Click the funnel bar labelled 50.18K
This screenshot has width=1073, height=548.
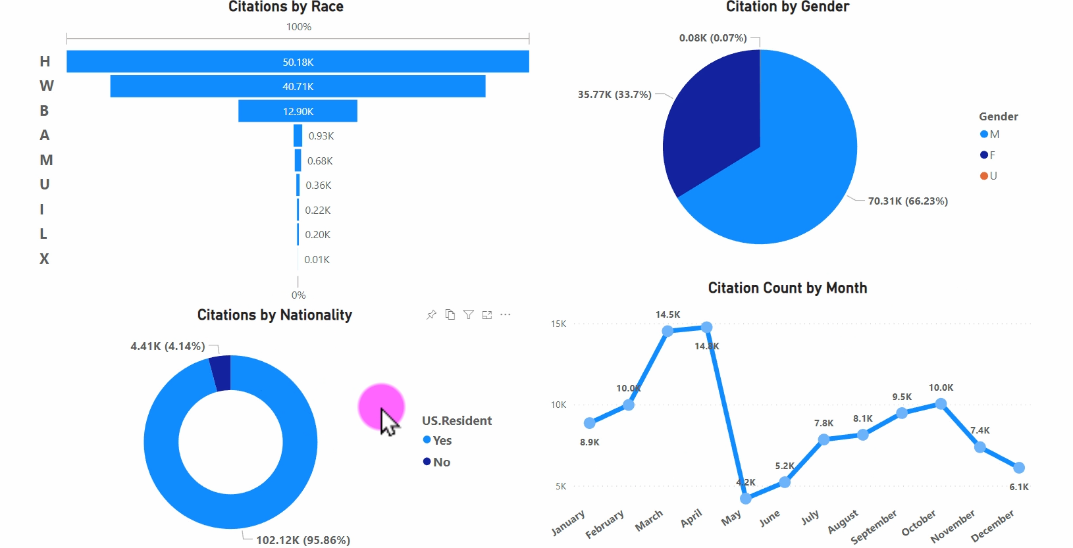pyautogui.click(x=298, y=62)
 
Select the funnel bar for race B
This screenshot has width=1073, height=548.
pyautogui.click(x=298, y=111)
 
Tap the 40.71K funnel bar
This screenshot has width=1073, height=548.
pyautogui.click(x=298, y=86)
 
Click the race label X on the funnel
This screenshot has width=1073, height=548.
pyautogui.click(x=44, y=259)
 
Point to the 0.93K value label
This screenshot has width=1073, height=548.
pyautogui.click(x=321, y=136)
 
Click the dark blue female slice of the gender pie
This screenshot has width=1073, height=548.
pyautogui.click(x=711, y=125)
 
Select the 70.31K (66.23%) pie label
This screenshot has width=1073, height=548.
pyautogui.click(x=908, y=201)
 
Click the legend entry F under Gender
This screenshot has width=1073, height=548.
pyautogui.click(x=991, y=155)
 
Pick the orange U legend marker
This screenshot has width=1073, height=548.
pyautogui.click(x=984, y=176)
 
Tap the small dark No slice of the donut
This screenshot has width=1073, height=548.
pyautogui.click(x=221, y=373)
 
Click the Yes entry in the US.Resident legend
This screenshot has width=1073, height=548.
pyautogui.click(x=442, y=441)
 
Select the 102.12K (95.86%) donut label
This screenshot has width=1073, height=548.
pyautogui.click(x=303, y=540)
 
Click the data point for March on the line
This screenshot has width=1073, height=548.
pyautogui.click(x=667, y=331)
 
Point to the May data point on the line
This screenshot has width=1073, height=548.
pyautogui.click(x=746, y=499)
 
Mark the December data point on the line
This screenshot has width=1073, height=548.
pyautogui.click(x=1019, y=468)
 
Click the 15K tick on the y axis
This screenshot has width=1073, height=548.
pyautogui.click(x=558, y=324)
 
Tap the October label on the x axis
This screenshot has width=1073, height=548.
pyautogui.click(x=918, y=523)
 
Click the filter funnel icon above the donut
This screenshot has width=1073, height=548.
pyautogui.click(x=468, y=314)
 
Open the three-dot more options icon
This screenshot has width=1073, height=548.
pyautogui.click(x=505, y=314)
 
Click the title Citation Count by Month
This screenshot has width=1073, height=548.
pyautogui.click(x=787, y=288)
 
